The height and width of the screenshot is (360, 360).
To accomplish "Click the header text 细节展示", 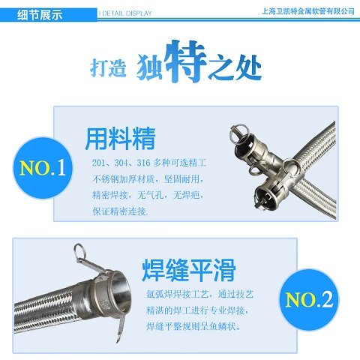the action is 40,15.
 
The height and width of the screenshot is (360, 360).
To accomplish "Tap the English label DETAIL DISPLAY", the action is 127,13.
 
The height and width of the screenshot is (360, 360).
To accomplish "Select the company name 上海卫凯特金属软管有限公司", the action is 307,11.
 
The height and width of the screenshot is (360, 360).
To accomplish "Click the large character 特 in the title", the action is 186,61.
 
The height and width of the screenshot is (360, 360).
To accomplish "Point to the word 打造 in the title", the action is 108,67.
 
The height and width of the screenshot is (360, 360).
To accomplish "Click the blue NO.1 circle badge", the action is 43,167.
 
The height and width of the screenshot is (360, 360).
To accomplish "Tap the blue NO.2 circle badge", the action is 309,299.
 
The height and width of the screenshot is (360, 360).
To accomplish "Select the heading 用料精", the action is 120,139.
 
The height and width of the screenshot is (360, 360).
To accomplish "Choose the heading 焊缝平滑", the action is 189,270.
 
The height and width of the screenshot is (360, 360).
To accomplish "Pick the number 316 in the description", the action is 143,163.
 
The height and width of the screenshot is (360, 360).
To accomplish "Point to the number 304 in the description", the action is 121,163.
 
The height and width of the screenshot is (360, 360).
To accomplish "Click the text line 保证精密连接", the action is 120,211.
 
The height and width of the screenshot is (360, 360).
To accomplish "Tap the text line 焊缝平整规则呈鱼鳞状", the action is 193,326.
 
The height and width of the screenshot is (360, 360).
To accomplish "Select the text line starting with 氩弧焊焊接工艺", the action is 200,294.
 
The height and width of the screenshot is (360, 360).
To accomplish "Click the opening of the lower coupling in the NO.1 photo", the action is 265,196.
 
